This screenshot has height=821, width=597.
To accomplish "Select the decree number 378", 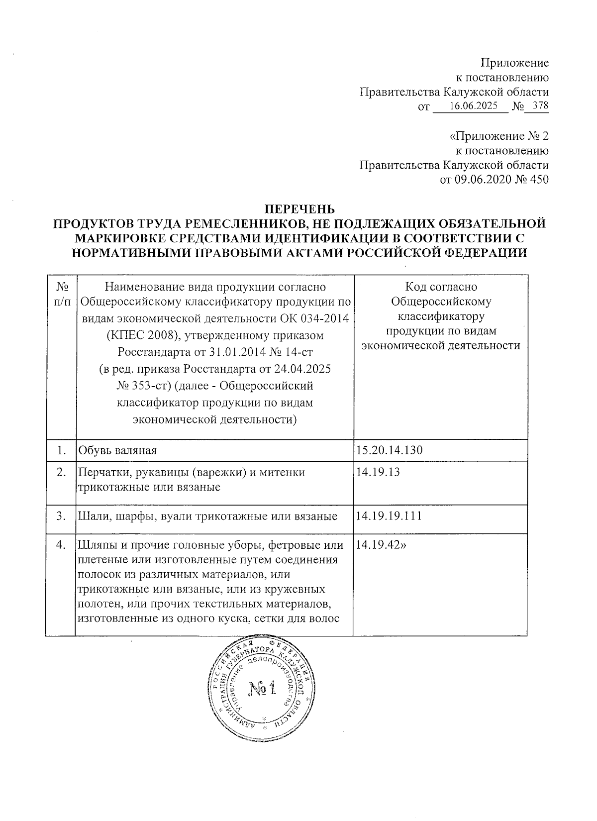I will point(540,106).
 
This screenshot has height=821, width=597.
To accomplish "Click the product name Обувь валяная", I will point(116,451).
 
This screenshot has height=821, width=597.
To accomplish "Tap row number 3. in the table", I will point(61,516).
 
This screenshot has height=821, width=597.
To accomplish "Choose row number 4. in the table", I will point(61,545).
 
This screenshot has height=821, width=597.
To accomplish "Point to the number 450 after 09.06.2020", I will point(540,180).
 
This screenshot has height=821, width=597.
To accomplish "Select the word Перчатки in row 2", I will point(102,472).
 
